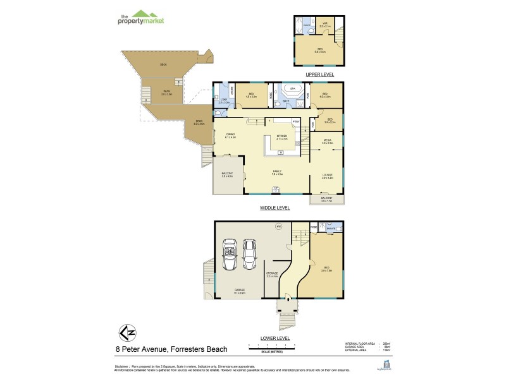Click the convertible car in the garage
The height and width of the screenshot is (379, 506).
(x=228, y=255)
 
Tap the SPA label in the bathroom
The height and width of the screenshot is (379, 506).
(x=292, y=89)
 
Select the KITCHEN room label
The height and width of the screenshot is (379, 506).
(x=281, y=136)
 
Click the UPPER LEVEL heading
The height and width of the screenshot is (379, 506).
(x=319, y=75)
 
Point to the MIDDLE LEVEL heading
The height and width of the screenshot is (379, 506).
(x=275, y=207)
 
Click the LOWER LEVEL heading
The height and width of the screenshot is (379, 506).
(x=275, y=338)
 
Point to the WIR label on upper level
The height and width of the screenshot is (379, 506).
(x=324, y=23)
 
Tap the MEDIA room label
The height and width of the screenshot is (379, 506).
(x=327, y=142)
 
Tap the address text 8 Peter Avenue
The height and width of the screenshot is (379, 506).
(x=171, y=349)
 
